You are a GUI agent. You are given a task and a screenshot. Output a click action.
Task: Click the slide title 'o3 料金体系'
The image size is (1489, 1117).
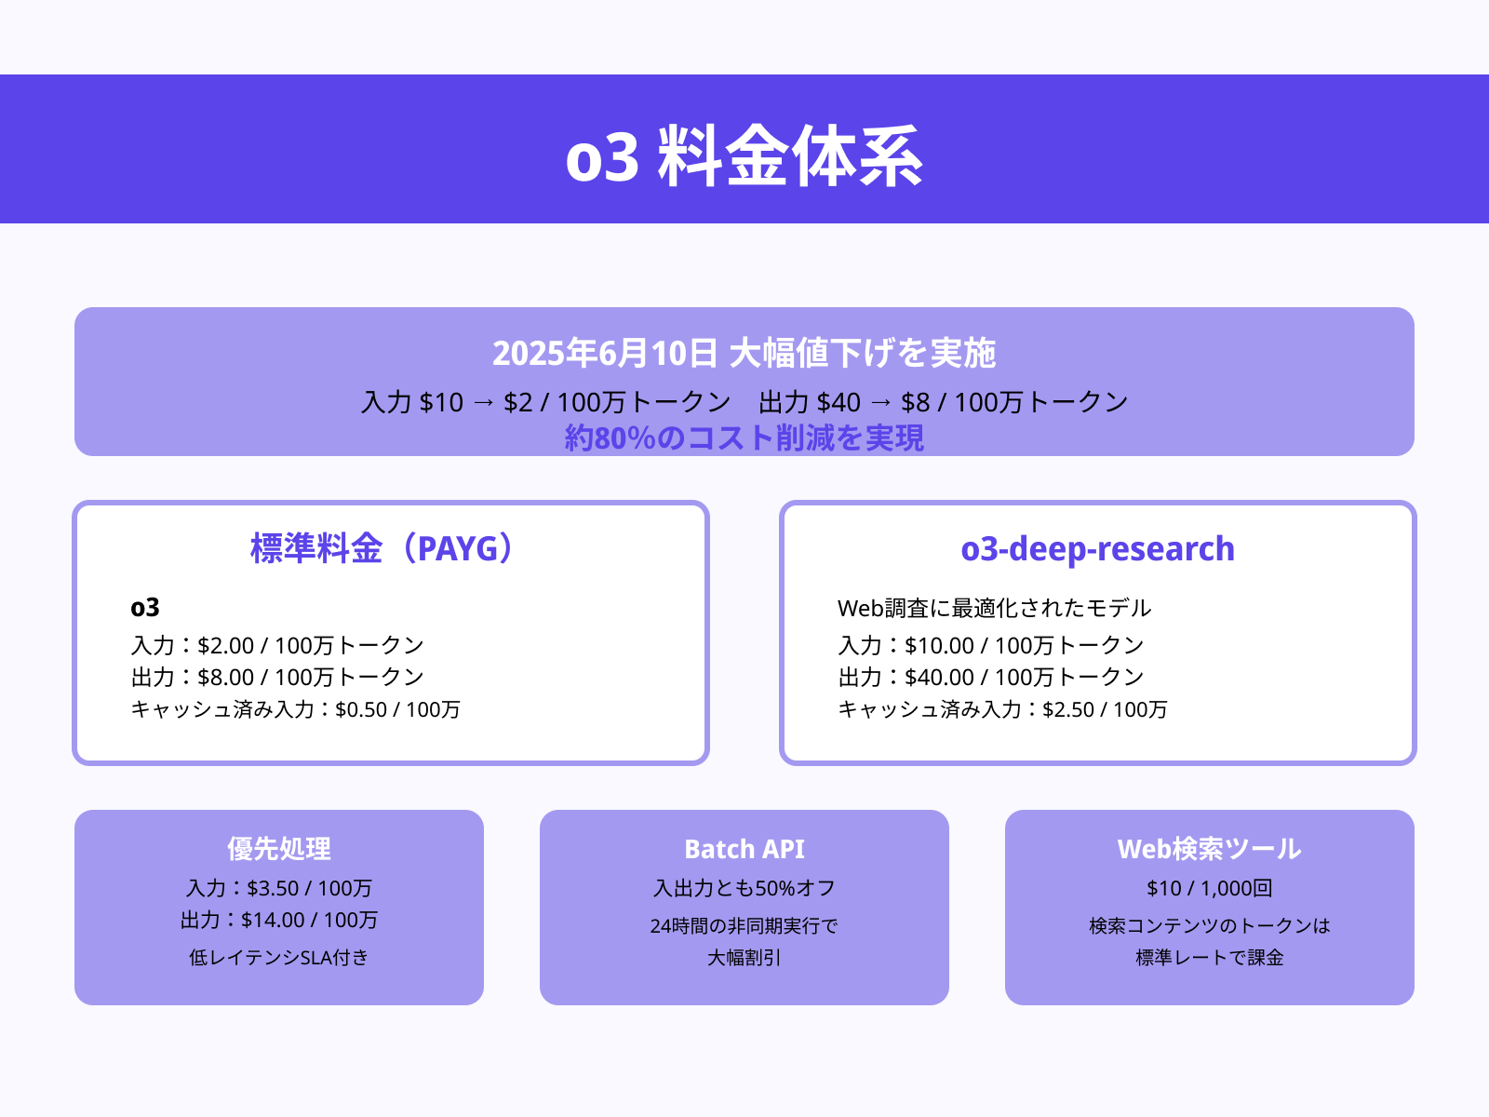pyautogui.click(x=744, y=156)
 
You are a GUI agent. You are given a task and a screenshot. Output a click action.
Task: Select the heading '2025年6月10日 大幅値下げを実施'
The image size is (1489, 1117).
pyautogui.click(x=744, y=354)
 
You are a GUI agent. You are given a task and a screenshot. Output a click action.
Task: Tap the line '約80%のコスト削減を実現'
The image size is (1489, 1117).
pyautogui.click(x=744, y=437)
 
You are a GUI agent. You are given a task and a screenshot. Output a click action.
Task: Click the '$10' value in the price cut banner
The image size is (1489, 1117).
pyautogui.click(x=441, y=402)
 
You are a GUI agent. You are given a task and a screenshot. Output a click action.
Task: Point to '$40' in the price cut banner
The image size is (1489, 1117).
pyautogui.click(x=838, y=402)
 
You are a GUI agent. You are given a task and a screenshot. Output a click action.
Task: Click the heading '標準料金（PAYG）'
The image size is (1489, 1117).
pyautogui.click(x=382, y=548)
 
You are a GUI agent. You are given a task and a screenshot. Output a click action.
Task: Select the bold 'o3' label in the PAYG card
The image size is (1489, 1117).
pyautogui.click(x=145, y=608)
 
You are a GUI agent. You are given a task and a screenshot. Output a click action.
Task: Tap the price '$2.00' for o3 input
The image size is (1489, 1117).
pyautogui.click(x=225, y=645)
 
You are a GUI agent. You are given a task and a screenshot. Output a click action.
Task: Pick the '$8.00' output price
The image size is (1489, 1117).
pyautogui.click(x=225, y=677)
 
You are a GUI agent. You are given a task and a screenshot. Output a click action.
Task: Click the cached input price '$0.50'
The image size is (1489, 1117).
pyautogui.click(x=361, y=709)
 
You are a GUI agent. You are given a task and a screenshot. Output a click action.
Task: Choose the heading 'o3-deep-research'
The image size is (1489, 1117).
pyautogui.click(x=1097, y=548)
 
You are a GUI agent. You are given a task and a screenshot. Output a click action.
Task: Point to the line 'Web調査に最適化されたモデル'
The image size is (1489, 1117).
pyautogui.click(x=994, y=608)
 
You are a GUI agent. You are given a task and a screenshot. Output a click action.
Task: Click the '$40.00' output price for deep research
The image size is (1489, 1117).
pyautogui.click(x=939, y=677)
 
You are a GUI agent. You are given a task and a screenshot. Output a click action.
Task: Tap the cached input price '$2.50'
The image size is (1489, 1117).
pyautogui.click(x=1068, y=709)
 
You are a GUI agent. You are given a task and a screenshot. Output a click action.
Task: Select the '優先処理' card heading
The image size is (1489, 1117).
pyautogui.click(x=279, y=849)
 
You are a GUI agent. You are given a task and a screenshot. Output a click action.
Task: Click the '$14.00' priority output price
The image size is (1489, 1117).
pyautogui.click(x=273, y=920)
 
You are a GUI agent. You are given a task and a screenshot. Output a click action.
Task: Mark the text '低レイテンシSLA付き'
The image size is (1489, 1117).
pyautogui.click(x=279, y=957)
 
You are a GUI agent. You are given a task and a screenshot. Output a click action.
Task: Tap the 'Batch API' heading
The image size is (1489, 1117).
pyautogui.click(x=744, y=849)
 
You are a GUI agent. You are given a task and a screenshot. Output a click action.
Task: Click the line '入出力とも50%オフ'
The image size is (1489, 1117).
pyautogui.click(x=744, y=888)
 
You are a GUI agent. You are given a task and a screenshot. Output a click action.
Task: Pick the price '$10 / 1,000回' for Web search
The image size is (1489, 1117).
pyautogui.click(x=1209, y=888)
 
